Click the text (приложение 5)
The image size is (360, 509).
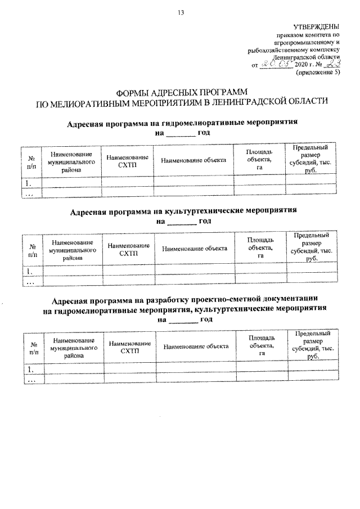[318, 73]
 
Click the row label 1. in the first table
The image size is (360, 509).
[29, 183]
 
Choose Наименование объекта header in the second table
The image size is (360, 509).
[194, 247]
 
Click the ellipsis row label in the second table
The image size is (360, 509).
[30, 282]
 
